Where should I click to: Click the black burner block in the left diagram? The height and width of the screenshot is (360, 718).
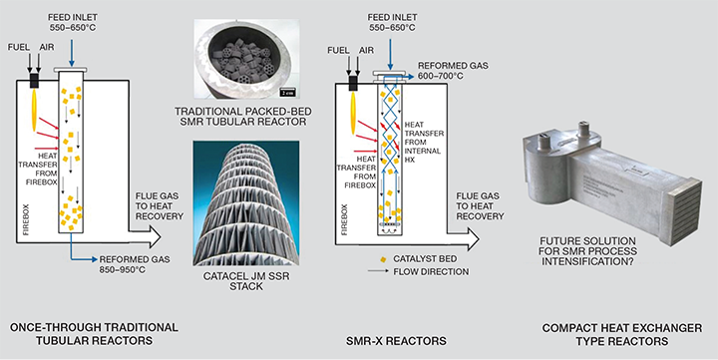tap(34, 81)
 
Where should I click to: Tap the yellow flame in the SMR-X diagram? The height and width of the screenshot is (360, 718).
tap(353, 113)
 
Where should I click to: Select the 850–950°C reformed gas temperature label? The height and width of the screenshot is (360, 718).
tap(123, 270)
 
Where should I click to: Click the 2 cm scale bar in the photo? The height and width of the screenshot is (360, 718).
tap(287, 91)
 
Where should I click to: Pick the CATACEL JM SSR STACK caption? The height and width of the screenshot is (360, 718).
tap(246, 281)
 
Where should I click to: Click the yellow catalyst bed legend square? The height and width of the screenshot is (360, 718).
tap(383, 259)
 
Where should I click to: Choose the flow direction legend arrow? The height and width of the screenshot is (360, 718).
tap(379, 271)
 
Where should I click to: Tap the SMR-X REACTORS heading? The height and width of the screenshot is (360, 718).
tap(396, 341)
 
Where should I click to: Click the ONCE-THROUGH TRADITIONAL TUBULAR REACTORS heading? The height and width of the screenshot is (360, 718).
tap(94, 334)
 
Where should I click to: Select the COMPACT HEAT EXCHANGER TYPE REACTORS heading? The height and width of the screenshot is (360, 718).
tap(622, 334)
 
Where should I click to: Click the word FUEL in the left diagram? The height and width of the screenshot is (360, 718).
tap(19, 47)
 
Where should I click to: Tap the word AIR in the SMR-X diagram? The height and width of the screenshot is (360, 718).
tap(366, 50)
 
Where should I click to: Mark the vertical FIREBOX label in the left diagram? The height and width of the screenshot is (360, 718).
tap(26, 219)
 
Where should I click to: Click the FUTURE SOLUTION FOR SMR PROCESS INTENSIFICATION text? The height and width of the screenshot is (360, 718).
tap(588, 251)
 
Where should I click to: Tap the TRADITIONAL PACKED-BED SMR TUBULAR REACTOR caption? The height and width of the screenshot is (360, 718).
tap(240, 117)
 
